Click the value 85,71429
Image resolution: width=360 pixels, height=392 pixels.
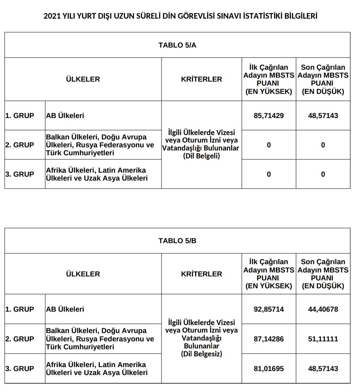[x=269, y=116]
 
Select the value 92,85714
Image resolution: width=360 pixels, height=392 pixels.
[x=269, y=309]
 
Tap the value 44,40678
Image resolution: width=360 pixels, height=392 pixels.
[x=323, y=309]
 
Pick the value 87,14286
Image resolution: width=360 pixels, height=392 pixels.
[x=269, y=339]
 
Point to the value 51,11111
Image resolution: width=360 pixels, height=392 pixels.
[x=323, y=339]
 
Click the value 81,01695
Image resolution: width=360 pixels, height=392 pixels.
[x=269, y=369]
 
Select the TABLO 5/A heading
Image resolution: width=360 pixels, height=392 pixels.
[x=177, y=45]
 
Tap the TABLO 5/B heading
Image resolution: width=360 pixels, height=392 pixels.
[x=177, y=241]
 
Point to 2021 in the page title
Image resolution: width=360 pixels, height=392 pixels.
[x=52, y=16]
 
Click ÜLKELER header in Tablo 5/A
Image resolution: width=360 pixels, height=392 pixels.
[x=83, y=79]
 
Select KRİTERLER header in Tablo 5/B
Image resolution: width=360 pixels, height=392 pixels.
[x=201, y=274]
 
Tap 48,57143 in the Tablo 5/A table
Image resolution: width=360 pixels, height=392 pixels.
[x=323, y=116]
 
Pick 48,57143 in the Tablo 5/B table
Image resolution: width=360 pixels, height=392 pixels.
[x=323, y=369]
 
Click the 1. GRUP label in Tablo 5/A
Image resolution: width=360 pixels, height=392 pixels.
[x=20, y=116]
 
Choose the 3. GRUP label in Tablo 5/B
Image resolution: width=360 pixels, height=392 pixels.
[x=20, y=369]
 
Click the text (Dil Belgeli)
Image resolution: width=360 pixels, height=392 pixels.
[x=201, y=156]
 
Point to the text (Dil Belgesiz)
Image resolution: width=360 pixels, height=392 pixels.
[x=201, y=354]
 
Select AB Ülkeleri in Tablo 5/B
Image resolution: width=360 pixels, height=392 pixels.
[x=65, y=309]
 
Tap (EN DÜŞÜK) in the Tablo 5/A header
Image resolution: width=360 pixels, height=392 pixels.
[x=323, y=92]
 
